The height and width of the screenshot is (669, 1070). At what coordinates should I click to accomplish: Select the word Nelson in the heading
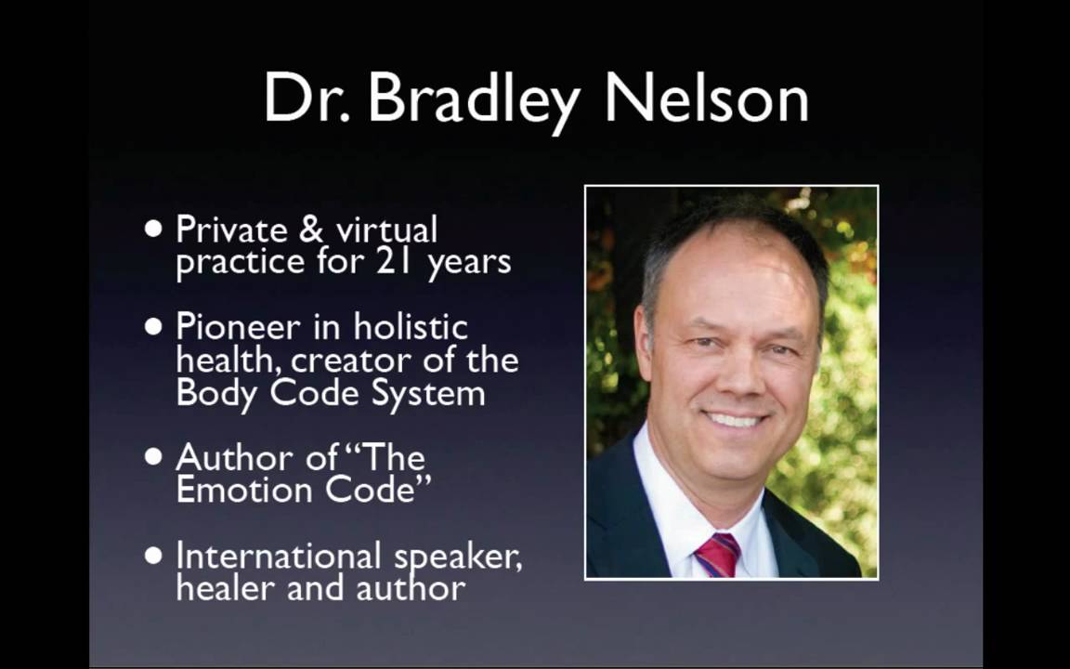pyautogui.click(x=707, y=97)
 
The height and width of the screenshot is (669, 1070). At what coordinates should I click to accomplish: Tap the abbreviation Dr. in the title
pyautogui.click(x=307, y=97)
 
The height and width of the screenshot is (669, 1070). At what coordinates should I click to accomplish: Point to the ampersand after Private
pyautogui.click(x=311, y=230)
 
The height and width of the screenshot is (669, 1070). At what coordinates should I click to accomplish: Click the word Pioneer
pyautogui.click(x=238, y=327)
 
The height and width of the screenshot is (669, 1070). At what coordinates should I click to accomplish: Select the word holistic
pyautogui.click(x=411, y=326)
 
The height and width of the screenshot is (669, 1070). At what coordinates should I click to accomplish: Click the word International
pyautogui.click(x=279, y=555)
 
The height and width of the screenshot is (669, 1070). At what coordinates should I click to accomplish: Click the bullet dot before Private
pyautogui.click(x=154, y=228)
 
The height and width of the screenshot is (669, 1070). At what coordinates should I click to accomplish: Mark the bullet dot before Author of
pyautogui.click(x=154, y=456)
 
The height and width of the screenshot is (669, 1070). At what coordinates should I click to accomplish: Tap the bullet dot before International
pyautogui.click(x=154, y=555)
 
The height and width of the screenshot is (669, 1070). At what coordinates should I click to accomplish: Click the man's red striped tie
pyautogui.click(x=717, y=555)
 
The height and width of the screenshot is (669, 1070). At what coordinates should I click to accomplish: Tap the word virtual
pyautogui.click(x=386, y=230)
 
